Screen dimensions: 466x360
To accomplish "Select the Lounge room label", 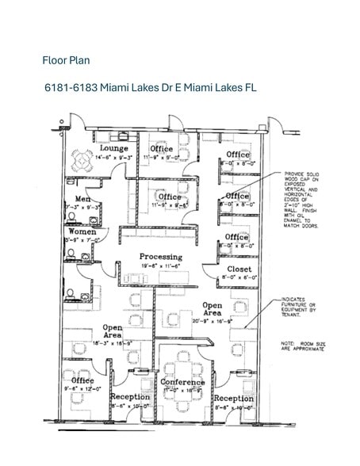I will pyautogui.click(x=114, y=148).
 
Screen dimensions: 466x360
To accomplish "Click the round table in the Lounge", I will pyautogui.click(x=82, y=161).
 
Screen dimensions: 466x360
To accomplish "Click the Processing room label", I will pyautogui.click(x=161, y=257).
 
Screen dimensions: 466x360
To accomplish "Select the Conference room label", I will pyautogui.click(x=183, y=382).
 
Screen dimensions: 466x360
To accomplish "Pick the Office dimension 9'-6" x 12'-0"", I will pyautogui.click(x=82, y=389).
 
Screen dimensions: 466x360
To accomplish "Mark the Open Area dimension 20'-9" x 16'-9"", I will pyautogui.click(x=211, y=322).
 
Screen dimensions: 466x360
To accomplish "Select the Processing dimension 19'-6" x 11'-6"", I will pyautogui.click(x=161, y=266).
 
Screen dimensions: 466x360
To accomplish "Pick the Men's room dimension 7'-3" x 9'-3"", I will pyautogui.click(x=82, y=208).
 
